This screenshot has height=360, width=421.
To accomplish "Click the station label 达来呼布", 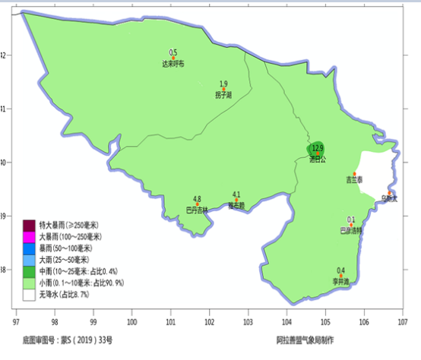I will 173,64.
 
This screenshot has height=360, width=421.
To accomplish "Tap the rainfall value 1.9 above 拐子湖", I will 223,84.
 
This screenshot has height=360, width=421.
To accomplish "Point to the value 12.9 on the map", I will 318,147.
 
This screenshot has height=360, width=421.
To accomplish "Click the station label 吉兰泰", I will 354,181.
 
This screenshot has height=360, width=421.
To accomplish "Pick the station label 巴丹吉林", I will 197,210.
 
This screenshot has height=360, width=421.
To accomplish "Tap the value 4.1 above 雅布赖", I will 236,194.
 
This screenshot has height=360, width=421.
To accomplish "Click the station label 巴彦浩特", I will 350,229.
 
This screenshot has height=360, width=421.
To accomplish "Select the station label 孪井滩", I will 340,280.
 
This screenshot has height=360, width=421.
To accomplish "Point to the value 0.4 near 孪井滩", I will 340,270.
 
